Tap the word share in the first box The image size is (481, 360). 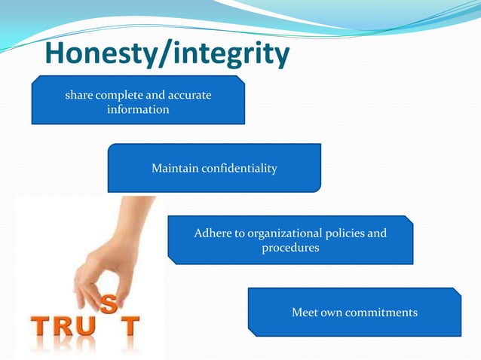point(80,96)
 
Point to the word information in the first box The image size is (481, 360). point(138,109)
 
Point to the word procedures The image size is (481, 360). point(290,247)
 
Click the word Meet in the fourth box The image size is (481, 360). point(305,312)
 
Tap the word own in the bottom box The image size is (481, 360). point(333,312)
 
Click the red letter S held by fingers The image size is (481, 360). point(109,304)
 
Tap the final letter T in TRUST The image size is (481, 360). point(131,328)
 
